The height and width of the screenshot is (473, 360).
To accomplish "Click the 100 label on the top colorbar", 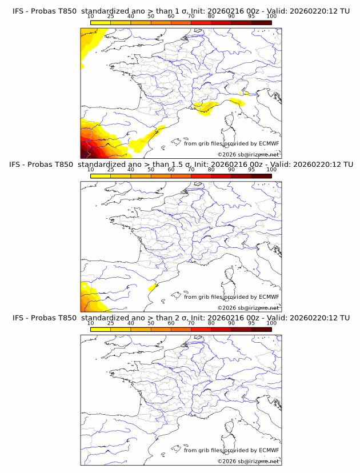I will point(271,17).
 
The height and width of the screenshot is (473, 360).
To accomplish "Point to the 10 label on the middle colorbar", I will point(90,170).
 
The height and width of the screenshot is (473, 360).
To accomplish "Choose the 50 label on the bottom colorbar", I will point(151,323).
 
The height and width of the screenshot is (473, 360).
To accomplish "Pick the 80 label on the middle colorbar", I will point(211,170).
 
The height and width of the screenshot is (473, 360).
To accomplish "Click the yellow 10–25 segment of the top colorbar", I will point(100,22).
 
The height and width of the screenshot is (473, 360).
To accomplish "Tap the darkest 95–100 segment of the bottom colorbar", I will point(261,329).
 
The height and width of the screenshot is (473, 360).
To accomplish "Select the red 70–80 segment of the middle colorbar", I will point(201,176).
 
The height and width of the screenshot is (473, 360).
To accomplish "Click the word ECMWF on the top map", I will point(269,144).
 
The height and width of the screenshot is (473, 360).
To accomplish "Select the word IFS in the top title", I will point(18,11).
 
